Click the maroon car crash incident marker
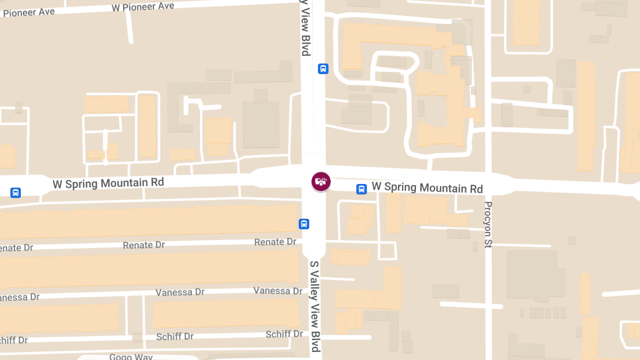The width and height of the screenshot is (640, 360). [321, 181]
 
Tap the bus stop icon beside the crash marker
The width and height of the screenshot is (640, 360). [362, 189]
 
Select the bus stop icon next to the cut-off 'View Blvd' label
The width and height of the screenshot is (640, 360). [323, 69]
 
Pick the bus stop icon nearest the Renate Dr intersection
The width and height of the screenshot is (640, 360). [304, 223]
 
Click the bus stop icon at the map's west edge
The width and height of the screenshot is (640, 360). [15, 193]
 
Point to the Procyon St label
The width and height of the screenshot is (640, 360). [488, 225]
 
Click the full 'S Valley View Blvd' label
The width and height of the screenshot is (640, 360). [315, 306]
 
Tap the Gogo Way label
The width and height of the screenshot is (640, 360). [131, 356]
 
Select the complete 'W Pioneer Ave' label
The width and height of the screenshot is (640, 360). [143, 6]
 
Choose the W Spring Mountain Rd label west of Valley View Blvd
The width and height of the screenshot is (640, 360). [108, 183]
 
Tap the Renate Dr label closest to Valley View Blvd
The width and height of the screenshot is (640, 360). [275, 242]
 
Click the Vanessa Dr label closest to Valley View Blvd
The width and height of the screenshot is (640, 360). [278, 291]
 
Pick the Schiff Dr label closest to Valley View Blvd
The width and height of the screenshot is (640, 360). [285, 334]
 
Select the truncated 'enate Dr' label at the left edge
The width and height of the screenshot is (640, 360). [17, 248]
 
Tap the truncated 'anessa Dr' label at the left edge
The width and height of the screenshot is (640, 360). [20, 297]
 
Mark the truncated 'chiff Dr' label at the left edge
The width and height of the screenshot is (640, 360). [14, 340]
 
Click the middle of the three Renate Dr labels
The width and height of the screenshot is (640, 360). [144, 245]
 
